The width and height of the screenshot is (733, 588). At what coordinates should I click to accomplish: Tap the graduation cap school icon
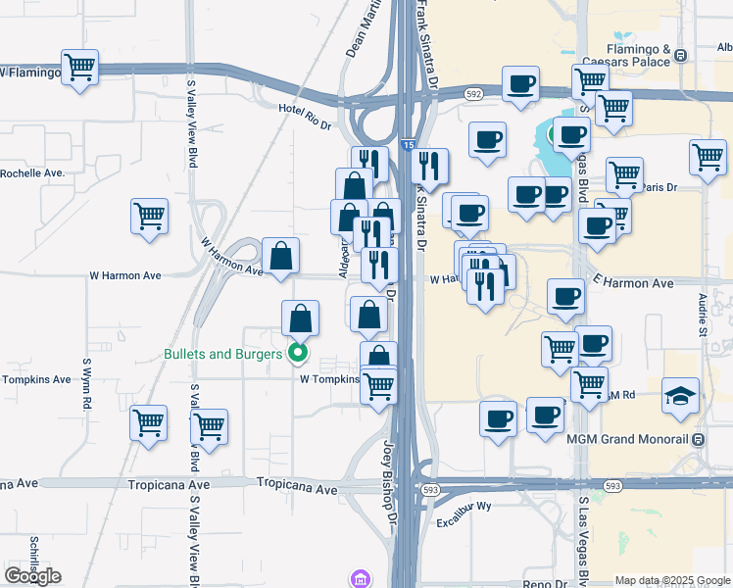click(x=681, y=395)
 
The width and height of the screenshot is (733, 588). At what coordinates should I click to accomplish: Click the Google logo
click(x=32, y=575)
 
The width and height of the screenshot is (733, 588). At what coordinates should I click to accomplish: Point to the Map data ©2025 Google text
click(x=672, y=580)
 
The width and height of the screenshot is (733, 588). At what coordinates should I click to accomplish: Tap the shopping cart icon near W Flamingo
click(x=79, y=68)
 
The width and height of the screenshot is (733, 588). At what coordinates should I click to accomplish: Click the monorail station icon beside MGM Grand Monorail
click(x=698, y=440)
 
